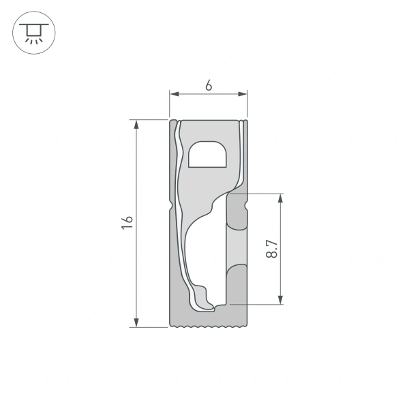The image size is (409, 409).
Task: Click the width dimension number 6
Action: [x=209, y=86]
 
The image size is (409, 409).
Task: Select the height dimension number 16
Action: [x=127, y=222]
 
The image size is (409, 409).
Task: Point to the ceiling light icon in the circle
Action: [x=32, y=32]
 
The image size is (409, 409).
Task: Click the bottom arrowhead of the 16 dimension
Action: [x=137, y=322]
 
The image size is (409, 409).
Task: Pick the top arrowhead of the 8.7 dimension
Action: [x=280, y=198]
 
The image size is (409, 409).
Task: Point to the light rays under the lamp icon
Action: [x=32, y=40]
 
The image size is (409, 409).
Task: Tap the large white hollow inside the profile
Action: [x=204, y=252]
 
